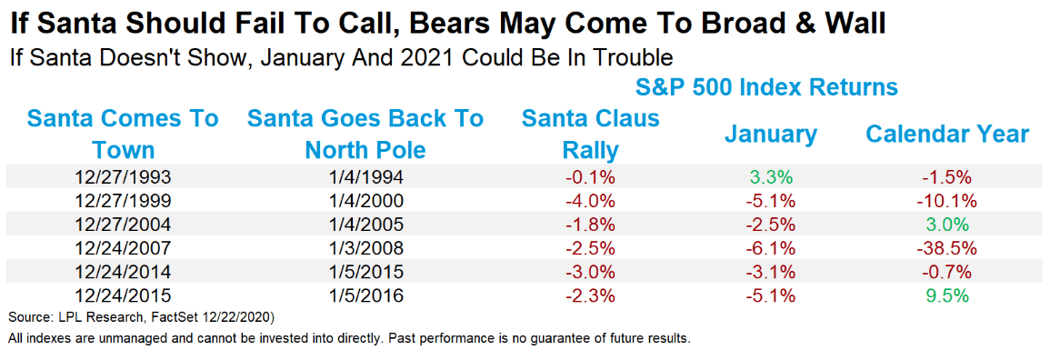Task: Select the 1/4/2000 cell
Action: pos(365,201)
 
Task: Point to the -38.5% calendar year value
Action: pos(947,248)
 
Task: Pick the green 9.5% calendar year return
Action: pos(947,295)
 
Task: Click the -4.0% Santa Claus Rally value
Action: pos(590,201)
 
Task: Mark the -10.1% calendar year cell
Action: pos(947,201)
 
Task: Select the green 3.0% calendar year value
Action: pos(947,225)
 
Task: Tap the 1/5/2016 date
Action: pos(365,295)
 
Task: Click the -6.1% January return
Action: pos(770,248)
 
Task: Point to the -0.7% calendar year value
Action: pos(947,272)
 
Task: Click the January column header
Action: pos(770,135)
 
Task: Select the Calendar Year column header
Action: pos(947,135)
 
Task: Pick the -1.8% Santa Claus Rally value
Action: pos(590,225)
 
